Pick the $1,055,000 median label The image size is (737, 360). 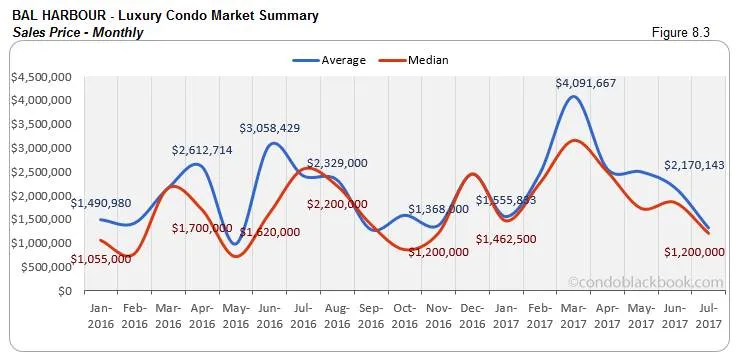click(100, 259)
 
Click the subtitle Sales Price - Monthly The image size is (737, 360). click(78, 33)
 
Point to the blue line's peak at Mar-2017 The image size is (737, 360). click(571, 97)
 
